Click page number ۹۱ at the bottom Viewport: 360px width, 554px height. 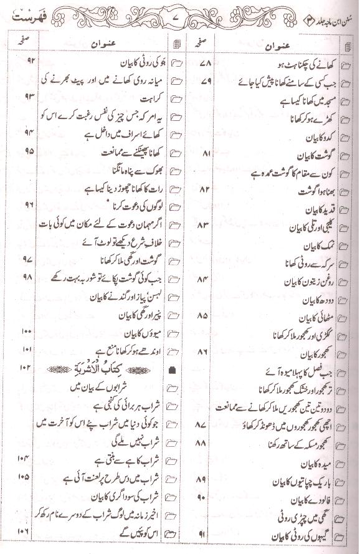pyautogui.click(x=206, y=533)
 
